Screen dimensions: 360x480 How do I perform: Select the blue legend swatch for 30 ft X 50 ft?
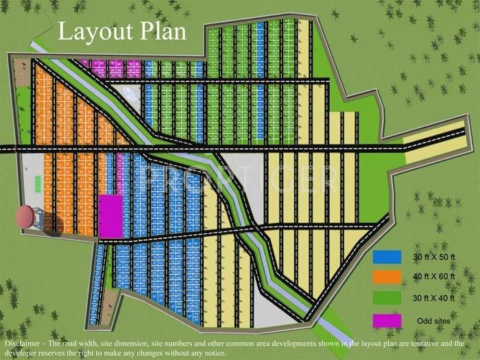click(387, 256)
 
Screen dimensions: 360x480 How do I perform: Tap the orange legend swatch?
click(387, 277)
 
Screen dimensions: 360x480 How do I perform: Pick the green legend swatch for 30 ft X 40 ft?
click(387, 298)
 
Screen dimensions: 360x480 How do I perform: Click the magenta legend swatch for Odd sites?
click(387, 320)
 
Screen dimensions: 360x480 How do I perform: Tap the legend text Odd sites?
click(434, 321)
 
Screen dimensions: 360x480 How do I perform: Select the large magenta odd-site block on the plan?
click(110, 215)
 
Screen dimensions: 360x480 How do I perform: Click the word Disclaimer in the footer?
click(24, 343)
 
